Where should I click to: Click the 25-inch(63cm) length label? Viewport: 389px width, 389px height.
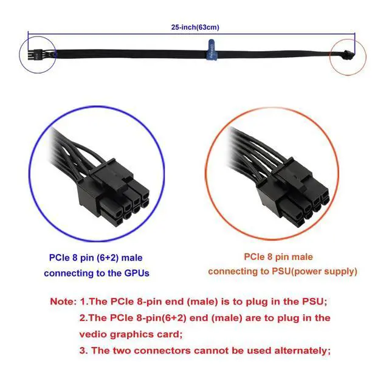coord(195,27)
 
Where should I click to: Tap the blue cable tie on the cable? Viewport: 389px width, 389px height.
coord(212,50)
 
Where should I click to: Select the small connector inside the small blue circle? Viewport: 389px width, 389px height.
coord(33,55)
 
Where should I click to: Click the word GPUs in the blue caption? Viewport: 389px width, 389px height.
coord(137,273)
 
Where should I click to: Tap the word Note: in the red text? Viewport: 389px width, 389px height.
coord(63,301)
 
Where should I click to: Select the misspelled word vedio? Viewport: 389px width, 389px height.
coord(93,334)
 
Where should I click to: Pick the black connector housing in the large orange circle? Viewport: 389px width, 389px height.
coord(294,193)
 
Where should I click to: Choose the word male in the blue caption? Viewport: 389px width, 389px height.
coord(133,258)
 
